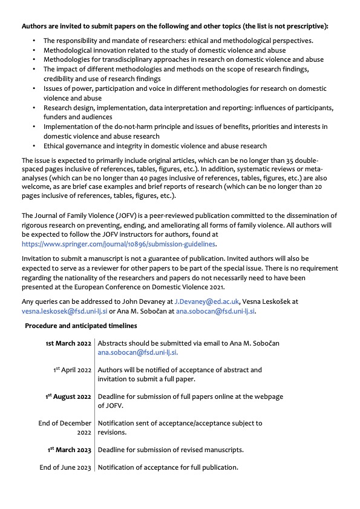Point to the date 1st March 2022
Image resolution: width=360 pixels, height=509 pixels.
pos(68,343)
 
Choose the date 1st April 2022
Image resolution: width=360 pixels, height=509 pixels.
pos(72,370)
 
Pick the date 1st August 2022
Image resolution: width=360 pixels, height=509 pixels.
pos(68,396)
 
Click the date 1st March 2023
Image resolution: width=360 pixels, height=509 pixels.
pos(70,450)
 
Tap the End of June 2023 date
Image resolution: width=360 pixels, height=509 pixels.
pos(65,467)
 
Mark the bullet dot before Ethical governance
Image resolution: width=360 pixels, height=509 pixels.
pos(35,146)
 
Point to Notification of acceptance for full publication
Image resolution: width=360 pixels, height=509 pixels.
pos(168,467)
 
